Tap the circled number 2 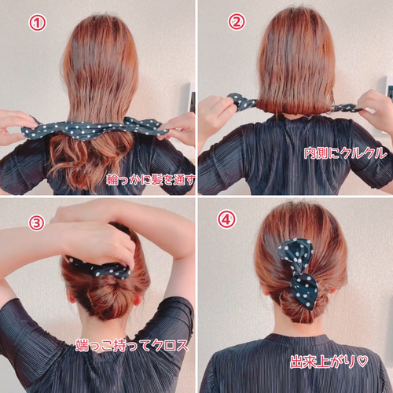(x=237, y=22)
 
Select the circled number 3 (x=35, y=222)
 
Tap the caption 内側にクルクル (x=345, y=153)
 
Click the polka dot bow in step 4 (x=299, y=271)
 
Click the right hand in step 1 (x=180, y=124)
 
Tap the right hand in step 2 (x=373, y=110)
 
